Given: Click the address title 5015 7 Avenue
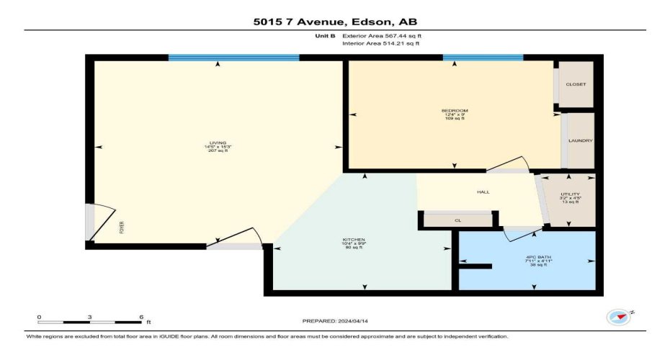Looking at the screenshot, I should coord(335,22).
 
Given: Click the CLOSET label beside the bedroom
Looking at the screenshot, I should coord(576,84).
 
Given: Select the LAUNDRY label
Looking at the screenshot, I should coord(579,140).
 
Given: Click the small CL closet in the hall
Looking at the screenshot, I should coord(457,220).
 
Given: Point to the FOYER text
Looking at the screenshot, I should coord(122,228).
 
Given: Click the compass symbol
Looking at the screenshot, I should coord(617,317).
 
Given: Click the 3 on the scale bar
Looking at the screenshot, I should coord(89,317).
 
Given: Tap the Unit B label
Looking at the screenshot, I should coord(325,35).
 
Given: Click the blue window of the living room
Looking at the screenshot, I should coord(233,58).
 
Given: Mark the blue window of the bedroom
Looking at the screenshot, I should coord(483,58).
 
